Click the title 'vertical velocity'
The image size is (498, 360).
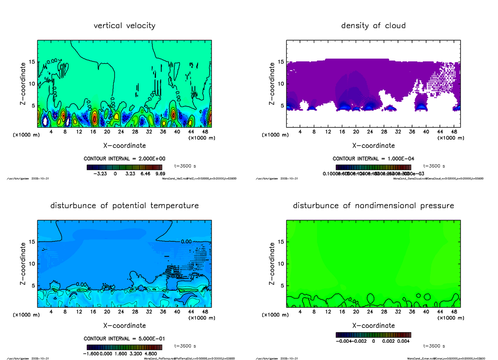(124, 26)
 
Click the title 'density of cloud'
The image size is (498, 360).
(373, 26)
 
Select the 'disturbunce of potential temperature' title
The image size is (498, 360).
(124, 206)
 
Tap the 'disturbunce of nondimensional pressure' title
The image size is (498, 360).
(373, 206)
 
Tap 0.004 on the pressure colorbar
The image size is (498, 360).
(404, 341)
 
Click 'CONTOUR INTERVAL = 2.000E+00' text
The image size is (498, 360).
(124, 159)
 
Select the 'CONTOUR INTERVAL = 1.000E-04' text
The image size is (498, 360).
(373, 159)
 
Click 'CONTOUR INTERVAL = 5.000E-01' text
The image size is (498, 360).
(124, 338)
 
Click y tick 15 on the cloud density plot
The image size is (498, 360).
(280, 62)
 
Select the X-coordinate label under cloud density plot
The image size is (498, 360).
(373, 146)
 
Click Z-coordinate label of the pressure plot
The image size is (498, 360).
(272, 264)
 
